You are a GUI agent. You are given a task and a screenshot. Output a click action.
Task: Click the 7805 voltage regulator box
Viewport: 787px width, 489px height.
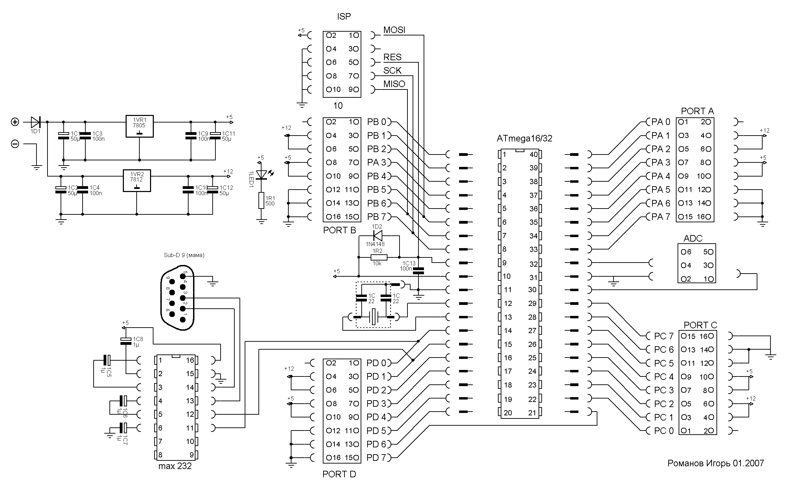pos(139,126)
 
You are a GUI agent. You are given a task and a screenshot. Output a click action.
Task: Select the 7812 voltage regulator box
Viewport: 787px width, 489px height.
pos(137,180)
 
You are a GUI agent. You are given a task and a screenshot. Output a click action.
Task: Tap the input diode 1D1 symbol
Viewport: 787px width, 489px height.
pos(35,122)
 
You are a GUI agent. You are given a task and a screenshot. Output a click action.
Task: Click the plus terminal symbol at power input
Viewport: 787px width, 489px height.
pos(15,122)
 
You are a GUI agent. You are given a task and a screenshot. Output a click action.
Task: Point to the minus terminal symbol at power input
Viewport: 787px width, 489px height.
pos(15,144)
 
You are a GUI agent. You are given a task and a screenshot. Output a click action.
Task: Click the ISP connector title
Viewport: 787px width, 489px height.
pos(344,17)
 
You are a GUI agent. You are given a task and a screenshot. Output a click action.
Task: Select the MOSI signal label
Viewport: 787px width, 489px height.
pos(394,30)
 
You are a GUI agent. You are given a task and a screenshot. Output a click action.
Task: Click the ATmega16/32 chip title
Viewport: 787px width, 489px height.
pos(524,138)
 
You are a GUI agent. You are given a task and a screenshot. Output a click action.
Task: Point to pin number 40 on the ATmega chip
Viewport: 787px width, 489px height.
pos(533,155)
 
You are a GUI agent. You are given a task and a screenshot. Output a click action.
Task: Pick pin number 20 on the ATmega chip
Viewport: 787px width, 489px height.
pos(508,413)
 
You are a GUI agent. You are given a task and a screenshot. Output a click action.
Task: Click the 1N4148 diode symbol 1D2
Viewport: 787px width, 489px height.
pos(377,236)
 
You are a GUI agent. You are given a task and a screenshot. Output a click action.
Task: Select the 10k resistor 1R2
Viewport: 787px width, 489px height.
pos(379,257)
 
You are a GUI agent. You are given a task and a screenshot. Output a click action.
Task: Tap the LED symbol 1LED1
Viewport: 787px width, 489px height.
pos(262,175)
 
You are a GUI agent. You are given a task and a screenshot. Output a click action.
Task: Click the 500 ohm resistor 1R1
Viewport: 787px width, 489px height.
pos(262,201)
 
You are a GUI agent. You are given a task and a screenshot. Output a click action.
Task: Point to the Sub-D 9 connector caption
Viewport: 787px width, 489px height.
pos(184,255)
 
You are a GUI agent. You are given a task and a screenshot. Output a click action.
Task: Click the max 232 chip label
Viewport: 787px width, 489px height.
pos(175,466)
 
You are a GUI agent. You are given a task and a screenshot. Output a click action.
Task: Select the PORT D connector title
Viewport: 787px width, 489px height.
pos(339,474)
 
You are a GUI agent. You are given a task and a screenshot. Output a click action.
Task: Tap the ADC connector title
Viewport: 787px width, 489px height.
pos(693,238)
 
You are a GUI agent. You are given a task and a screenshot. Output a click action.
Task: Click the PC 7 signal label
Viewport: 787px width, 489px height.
pos(663,336)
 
